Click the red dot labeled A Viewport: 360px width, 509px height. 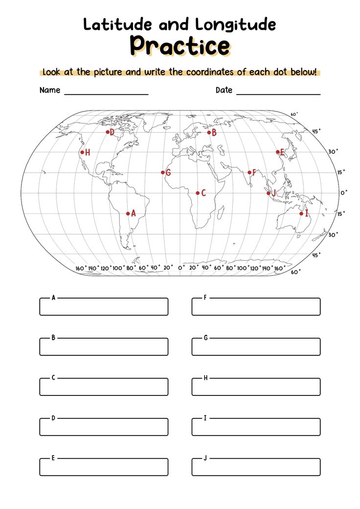click(x=128, y=213)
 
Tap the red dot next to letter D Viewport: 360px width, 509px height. click(x=108, y=132)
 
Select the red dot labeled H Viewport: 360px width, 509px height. click(x=82, y=152)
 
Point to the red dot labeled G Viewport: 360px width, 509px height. click(x=163, y=172)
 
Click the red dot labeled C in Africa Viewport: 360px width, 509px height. click(x=198, y=193)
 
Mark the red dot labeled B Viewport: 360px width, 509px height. click(x=209, y=132)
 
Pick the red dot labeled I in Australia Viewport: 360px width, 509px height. click(x=301, y=213)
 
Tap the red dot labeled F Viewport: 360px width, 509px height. click(x=249, y=172)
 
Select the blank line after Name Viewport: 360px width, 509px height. click(x=106, y=93)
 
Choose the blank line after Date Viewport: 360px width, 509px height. click(x=278, y=93)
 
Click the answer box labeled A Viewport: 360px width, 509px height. click(x=104, y=307)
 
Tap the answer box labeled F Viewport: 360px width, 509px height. click(x=256, y=307)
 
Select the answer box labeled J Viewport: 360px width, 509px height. click(x=256, y=467)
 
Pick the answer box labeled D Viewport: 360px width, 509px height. click(x=104, y=427)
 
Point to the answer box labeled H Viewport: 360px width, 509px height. click(x=256, y=387)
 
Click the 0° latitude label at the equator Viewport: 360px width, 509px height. click(x=343, y=193)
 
